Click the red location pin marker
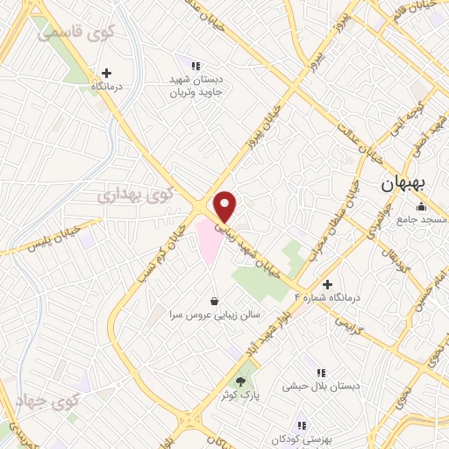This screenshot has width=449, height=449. point(226,206)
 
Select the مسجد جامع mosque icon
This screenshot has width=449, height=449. point(422,207)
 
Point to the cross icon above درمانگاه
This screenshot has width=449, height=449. point(106,73)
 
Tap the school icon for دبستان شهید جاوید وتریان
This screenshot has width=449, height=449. point(196,65)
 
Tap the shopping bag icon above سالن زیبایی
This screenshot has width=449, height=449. point(215,301)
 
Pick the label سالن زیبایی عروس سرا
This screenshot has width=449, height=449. point(214,313)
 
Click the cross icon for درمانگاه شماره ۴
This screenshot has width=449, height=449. point(327,284)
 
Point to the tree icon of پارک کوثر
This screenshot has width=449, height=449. point(241,381)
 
